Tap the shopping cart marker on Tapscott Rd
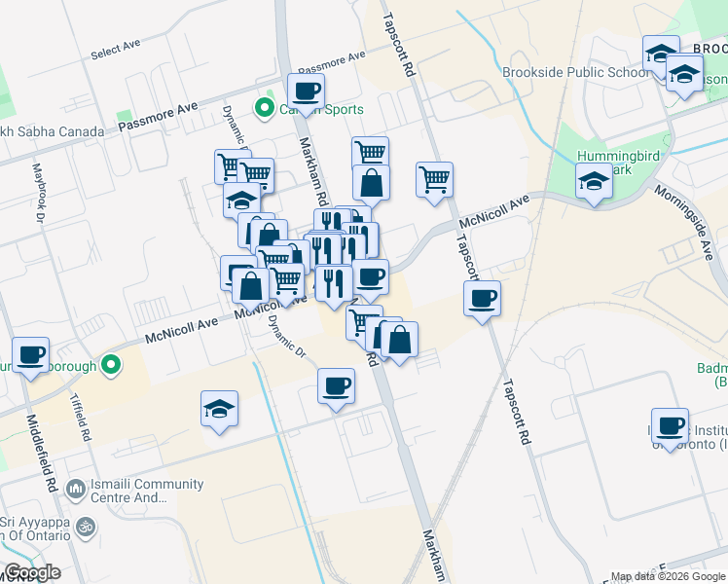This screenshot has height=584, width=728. click(x=434, y=180)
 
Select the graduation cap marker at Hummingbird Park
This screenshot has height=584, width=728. click(x=593, y=181)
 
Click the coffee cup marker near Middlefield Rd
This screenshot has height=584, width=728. click(x=30, y=355)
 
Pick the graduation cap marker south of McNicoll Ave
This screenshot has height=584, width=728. click(x=220, y=409)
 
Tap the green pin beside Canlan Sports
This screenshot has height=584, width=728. click(x=263, y=109)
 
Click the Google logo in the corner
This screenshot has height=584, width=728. click(x=32, y=572)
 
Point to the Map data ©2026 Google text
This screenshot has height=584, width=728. click(x=667, y=576)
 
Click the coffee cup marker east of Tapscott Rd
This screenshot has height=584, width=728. click(x=482, y=299)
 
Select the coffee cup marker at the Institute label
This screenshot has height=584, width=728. click(x=670, y=425)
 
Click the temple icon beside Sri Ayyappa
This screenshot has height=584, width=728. click(x=86, y=527)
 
